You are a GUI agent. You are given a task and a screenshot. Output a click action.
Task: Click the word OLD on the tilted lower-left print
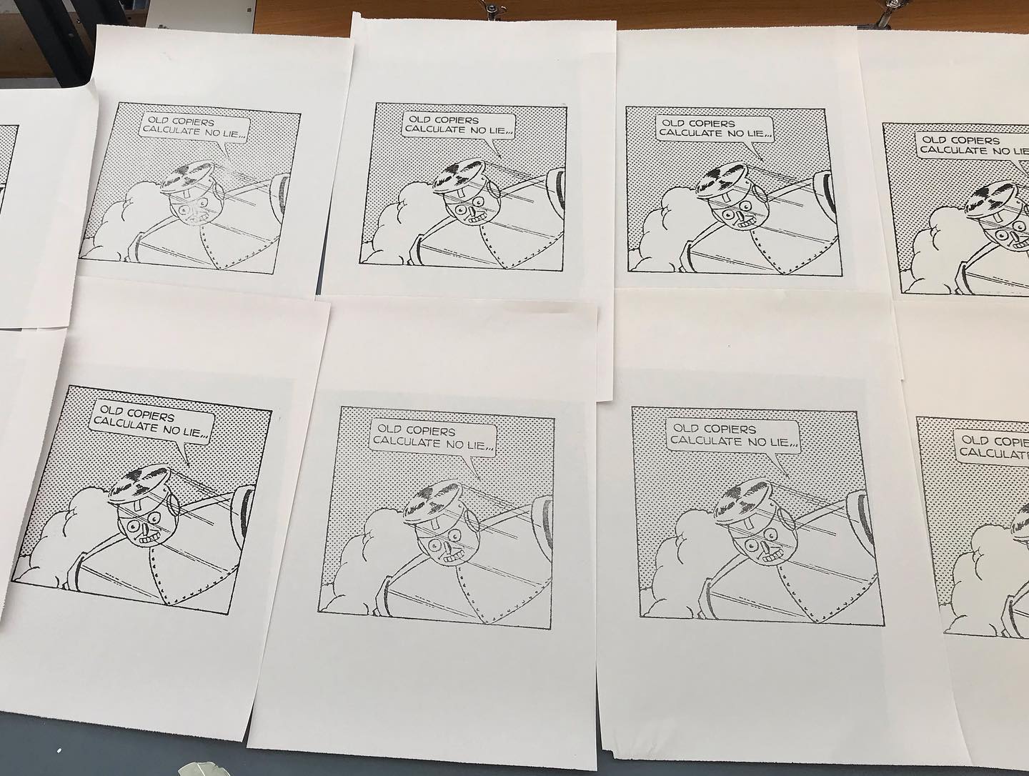[x=111, y=410]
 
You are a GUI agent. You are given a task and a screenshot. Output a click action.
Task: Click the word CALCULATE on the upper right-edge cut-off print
[x=952, y=150]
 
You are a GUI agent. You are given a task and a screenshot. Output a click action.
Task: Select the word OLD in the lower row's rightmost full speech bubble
[x=686, y=428]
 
